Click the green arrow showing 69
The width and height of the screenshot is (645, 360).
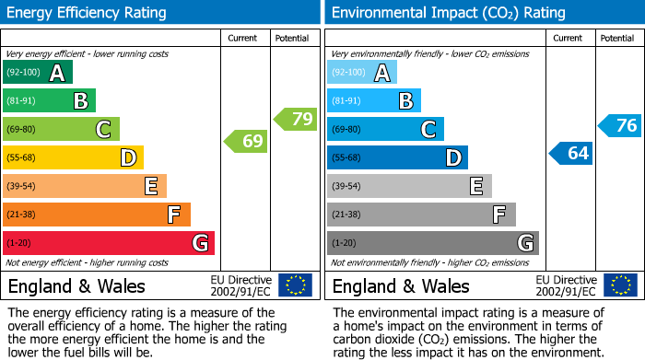pos(245,142)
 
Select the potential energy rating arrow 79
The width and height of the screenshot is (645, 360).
pos(295,119)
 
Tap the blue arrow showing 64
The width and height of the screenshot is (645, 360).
pos(570,153)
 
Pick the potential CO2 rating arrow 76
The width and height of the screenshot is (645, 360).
pos(619,126)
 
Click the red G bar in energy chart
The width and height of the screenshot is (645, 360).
pos(109,243)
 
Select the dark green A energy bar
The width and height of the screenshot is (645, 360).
pos(38,72)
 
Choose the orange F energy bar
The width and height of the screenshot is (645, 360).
pos(97,215)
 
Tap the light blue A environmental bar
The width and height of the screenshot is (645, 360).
pos(362,72)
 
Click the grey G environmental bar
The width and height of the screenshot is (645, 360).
pos(432,243)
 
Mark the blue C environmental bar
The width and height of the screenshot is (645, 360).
pos(385,129)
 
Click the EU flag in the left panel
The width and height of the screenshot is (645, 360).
pos(296,285)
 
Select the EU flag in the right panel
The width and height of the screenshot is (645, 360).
pos(620,285)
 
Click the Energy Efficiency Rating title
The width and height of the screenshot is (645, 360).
pos(88,13)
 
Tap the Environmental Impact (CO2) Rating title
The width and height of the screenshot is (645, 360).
pos(447,13)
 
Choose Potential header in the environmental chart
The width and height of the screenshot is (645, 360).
pos(616,38)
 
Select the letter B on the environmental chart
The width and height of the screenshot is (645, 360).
pos(405,100)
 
